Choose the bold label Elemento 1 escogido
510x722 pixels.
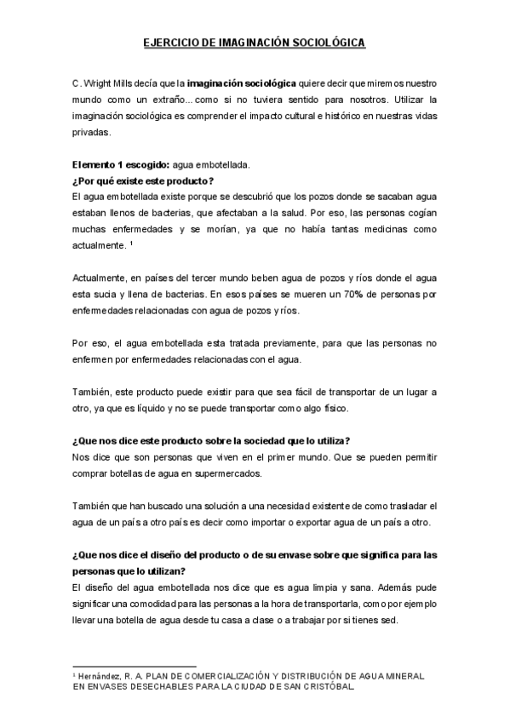118,165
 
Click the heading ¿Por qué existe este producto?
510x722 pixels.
143,181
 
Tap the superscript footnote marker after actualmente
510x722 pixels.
131,244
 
